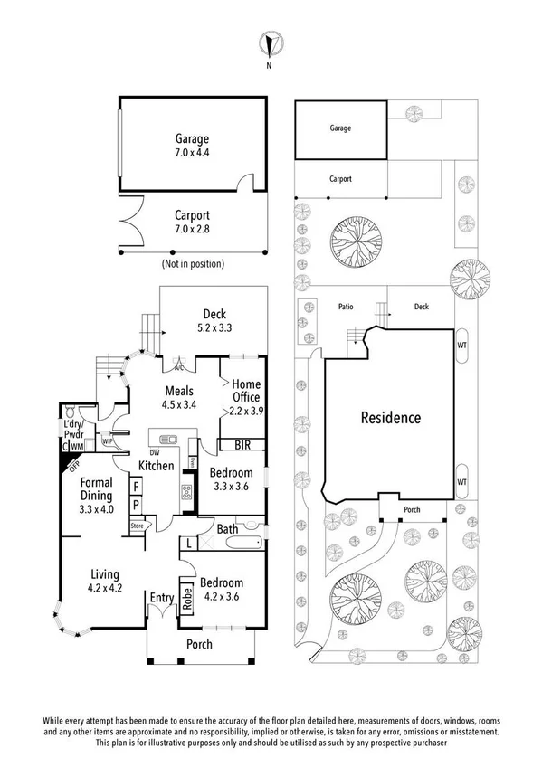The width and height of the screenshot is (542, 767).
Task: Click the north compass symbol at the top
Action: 270,43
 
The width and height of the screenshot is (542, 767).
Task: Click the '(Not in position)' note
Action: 193,264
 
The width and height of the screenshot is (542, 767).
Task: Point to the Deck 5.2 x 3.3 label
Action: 214,322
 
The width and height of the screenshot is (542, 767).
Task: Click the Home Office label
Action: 246,391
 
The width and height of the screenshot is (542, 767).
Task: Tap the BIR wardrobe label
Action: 242,445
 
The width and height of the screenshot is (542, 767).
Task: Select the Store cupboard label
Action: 138,525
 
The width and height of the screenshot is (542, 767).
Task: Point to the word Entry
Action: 163,597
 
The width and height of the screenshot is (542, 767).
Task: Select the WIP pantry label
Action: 108,442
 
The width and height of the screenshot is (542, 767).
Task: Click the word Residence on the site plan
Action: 391,418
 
